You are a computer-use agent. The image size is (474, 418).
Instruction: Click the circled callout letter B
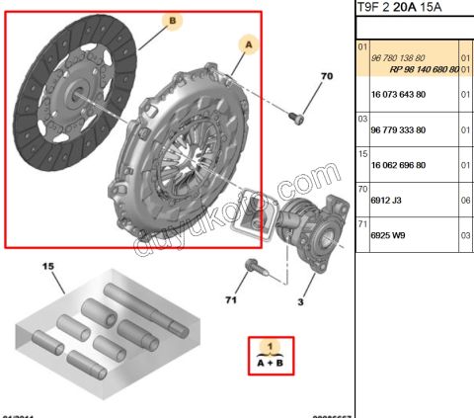172,20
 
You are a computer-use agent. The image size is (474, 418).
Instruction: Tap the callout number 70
327,76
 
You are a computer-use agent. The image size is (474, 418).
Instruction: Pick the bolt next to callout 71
252,267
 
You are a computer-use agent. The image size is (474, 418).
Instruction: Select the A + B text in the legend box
269,363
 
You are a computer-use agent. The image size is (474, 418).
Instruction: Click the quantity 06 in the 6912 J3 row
465,200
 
